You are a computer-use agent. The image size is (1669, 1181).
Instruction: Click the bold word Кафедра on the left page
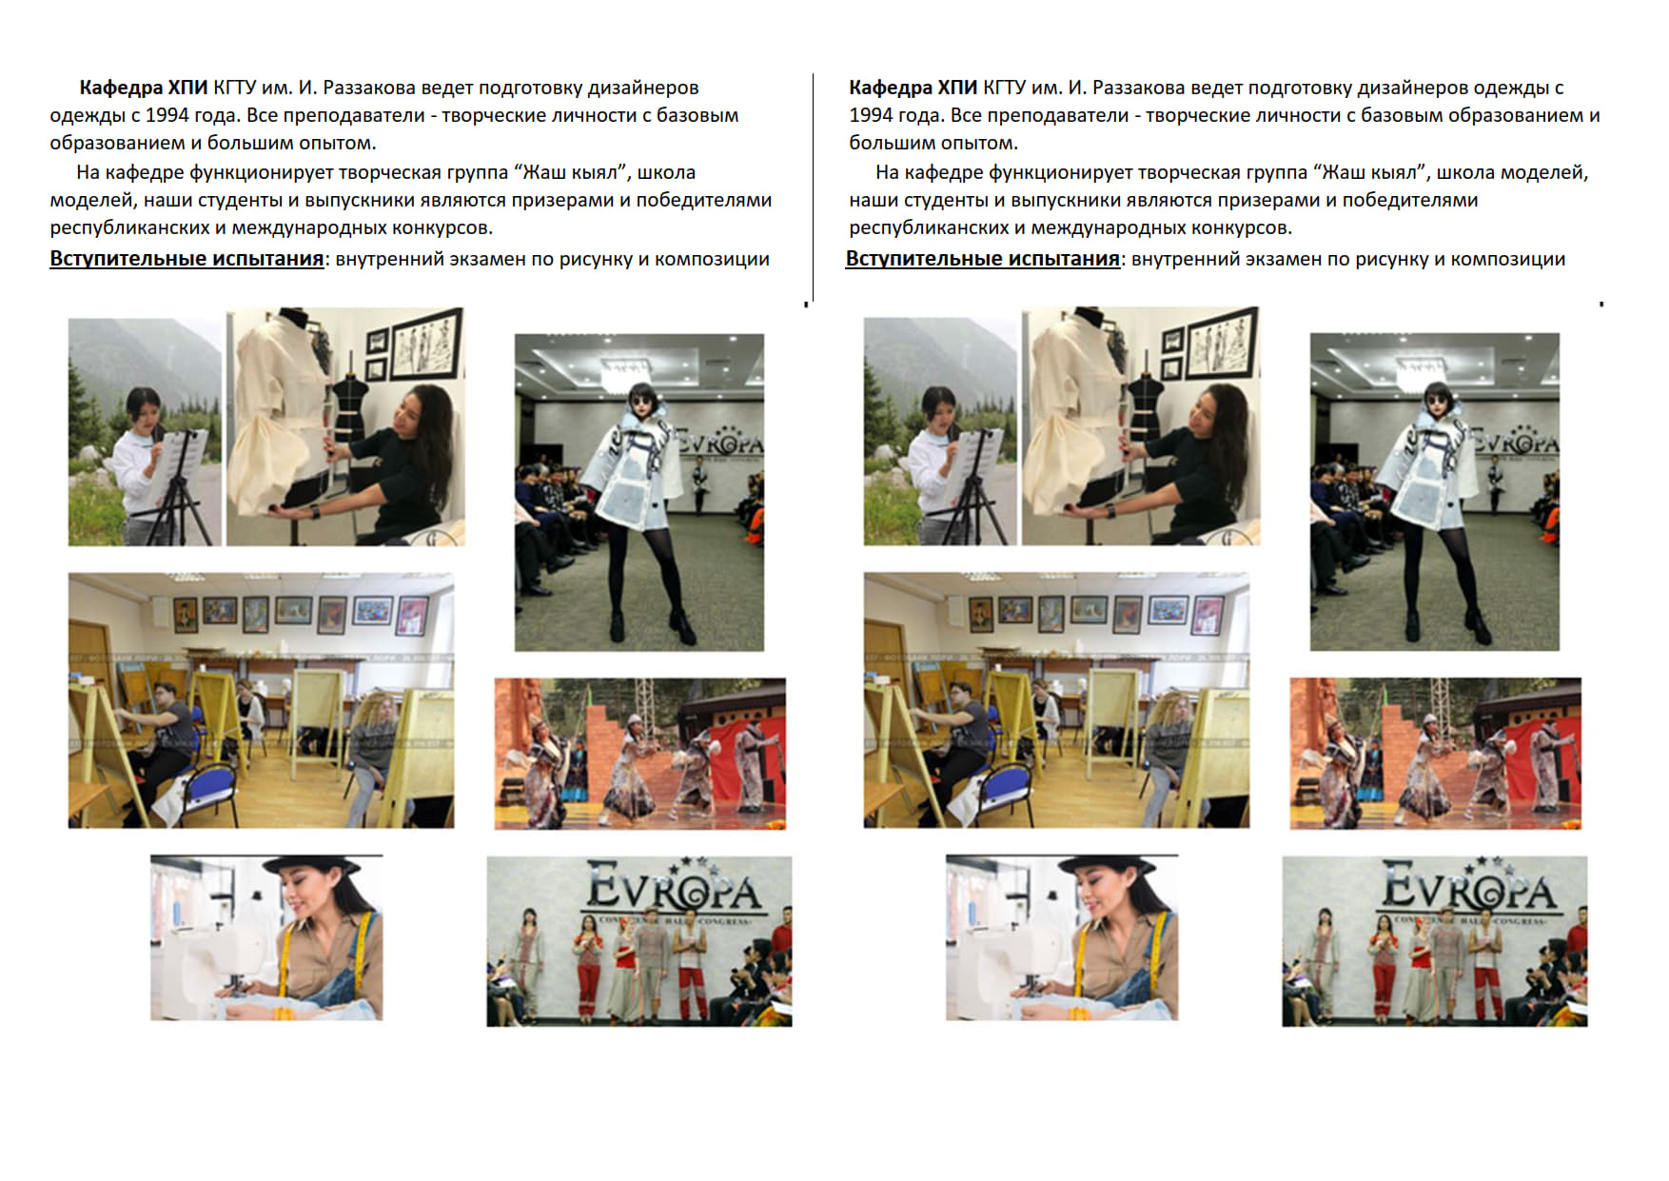(121, 88)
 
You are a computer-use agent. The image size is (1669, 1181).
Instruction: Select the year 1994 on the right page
(872, 115)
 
